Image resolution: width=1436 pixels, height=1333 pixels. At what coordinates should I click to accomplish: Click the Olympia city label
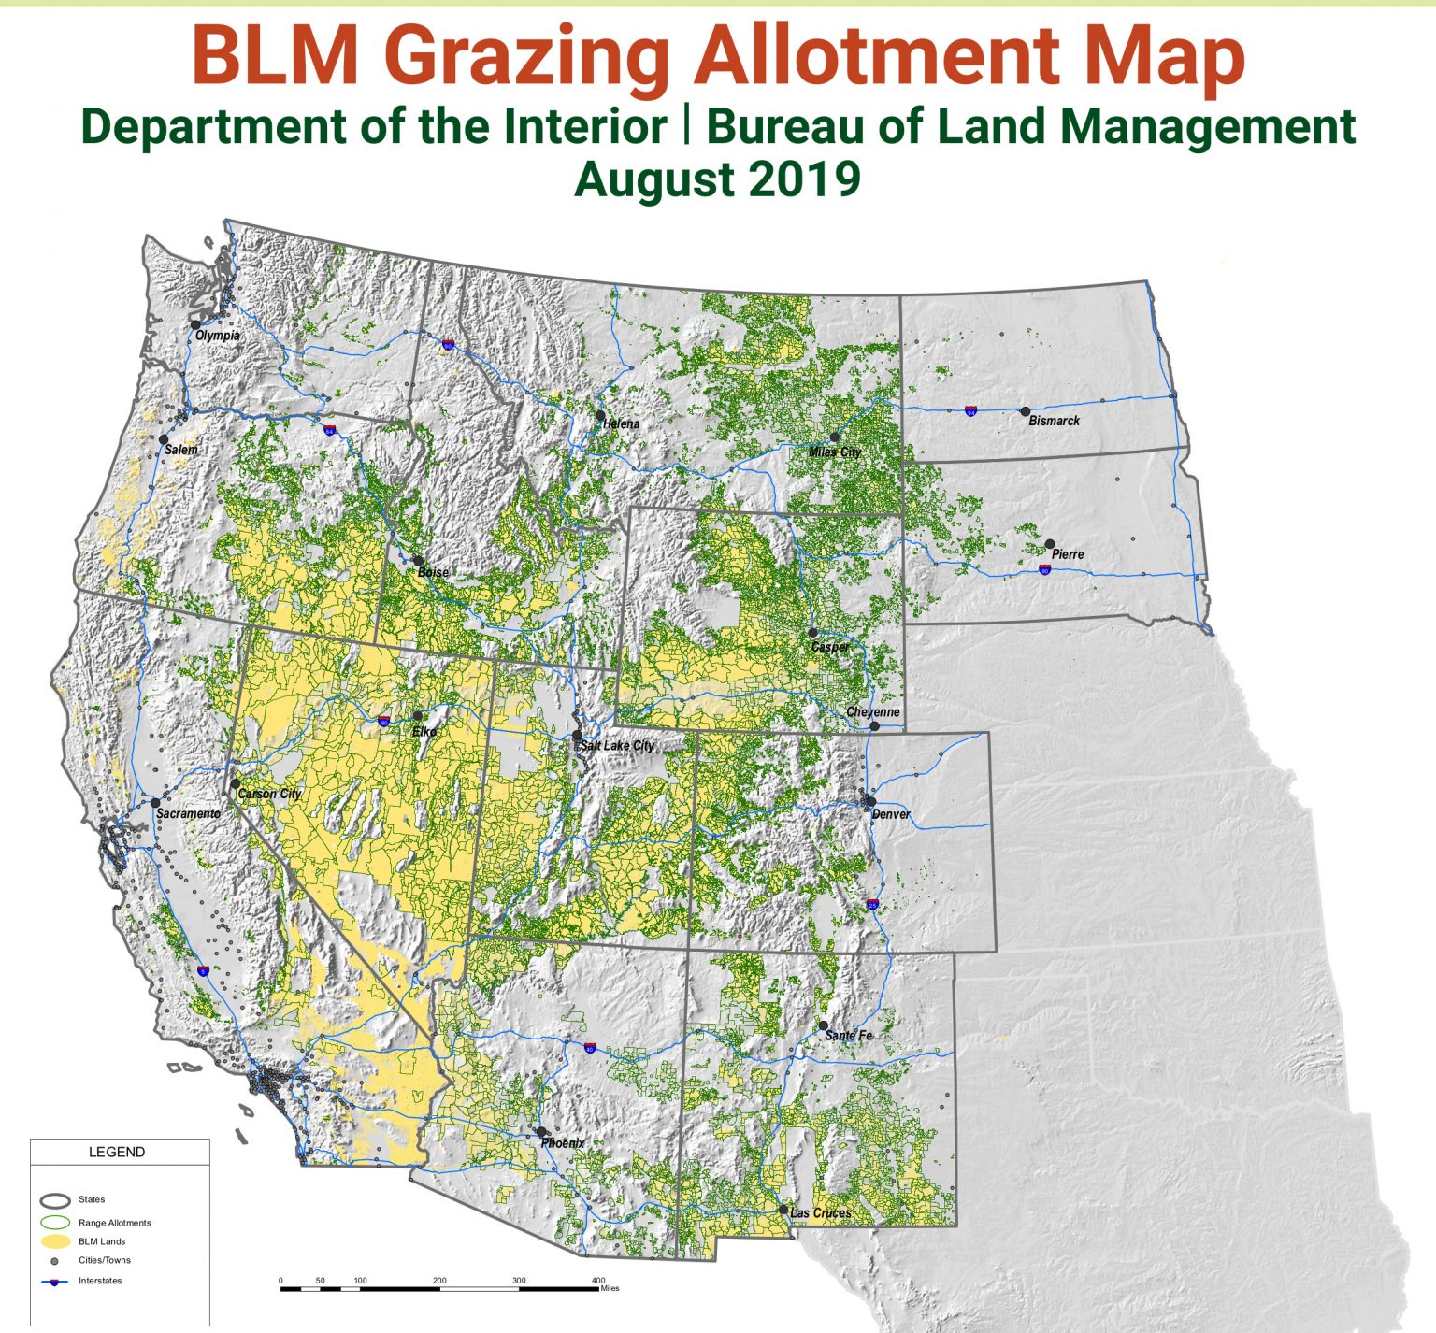point(218,335)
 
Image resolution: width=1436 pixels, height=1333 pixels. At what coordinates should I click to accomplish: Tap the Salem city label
point(181,450)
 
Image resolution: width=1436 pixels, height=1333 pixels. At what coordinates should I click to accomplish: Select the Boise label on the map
point(433,572)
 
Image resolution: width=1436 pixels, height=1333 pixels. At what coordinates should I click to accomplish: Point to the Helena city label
point(621,423)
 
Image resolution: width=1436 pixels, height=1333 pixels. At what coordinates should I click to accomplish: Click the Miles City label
point(835,452)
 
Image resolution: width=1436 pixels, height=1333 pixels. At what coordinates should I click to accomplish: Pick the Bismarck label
point(1054,421)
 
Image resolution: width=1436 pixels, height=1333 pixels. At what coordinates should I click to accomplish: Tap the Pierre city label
point(1068,554)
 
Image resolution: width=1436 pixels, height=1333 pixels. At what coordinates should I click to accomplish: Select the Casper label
point(830,647)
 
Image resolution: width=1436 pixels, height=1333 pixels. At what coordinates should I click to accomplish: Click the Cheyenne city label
point(872,712)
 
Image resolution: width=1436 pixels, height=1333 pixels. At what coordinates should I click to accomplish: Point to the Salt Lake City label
point(617,746)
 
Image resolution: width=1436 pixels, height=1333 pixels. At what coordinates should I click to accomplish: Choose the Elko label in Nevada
point(424,732)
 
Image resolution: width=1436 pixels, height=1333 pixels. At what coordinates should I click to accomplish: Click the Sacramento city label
point(188,814)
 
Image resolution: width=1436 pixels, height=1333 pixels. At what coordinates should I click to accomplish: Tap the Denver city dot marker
point(870,801)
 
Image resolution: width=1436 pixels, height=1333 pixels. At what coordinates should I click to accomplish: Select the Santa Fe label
point(848,1036)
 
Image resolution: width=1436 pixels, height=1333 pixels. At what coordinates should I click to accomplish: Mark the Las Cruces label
point(820,1213)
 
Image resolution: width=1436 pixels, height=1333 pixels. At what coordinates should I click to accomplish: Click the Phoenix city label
point(562,1143)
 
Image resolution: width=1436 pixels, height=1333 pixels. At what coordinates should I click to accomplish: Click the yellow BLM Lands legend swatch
point(56,1241)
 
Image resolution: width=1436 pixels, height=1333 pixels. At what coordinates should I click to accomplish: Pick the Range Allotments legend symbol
point(56,1222)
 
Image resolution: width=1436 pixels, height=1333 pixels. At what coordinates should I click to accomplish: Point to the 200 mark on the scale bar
point(439,1281)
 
